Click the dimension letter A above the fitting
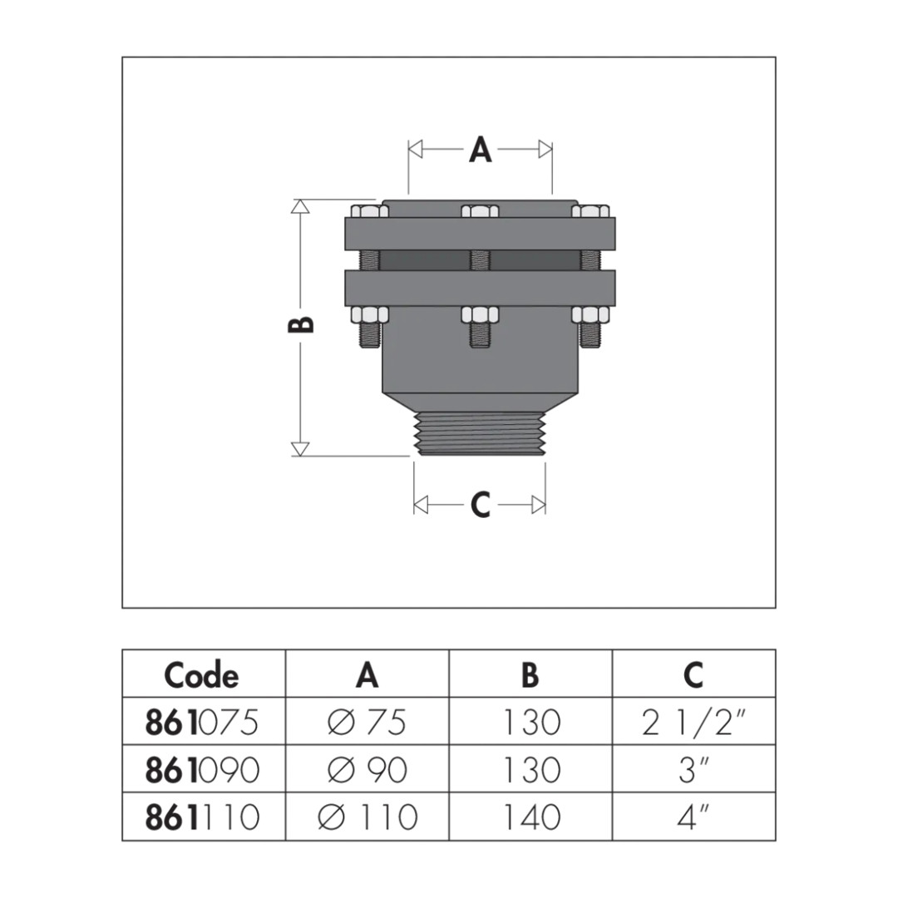click(480, 150)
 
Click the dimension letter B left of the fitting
click(301, 325)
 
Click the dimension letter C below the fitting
click(480, 505)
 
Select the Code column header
click(201, 676)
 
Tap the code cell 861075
click(201, 723)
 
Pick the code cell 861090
click(202, 770)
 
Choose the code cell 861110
click(202, 817)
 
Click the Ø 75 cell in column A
click(367, 723)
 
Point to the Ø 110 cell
click(368, 817)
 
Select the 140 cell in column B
click(530, 817)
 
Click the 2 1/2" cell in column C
click(694, 723)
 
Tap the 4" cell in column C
click(693, 817)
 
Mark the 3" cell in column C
click(693, 770)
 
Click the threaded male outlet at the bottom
click(480, 433)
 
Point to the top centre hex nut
click(480, 211)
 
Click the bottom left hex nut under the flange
click(369, 314)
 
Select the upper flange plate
click(480, 234)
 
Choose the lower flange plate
click(480, 288)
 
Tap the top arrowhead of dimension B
click(300, 206)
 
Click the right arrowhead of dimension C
click(539, 506)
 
